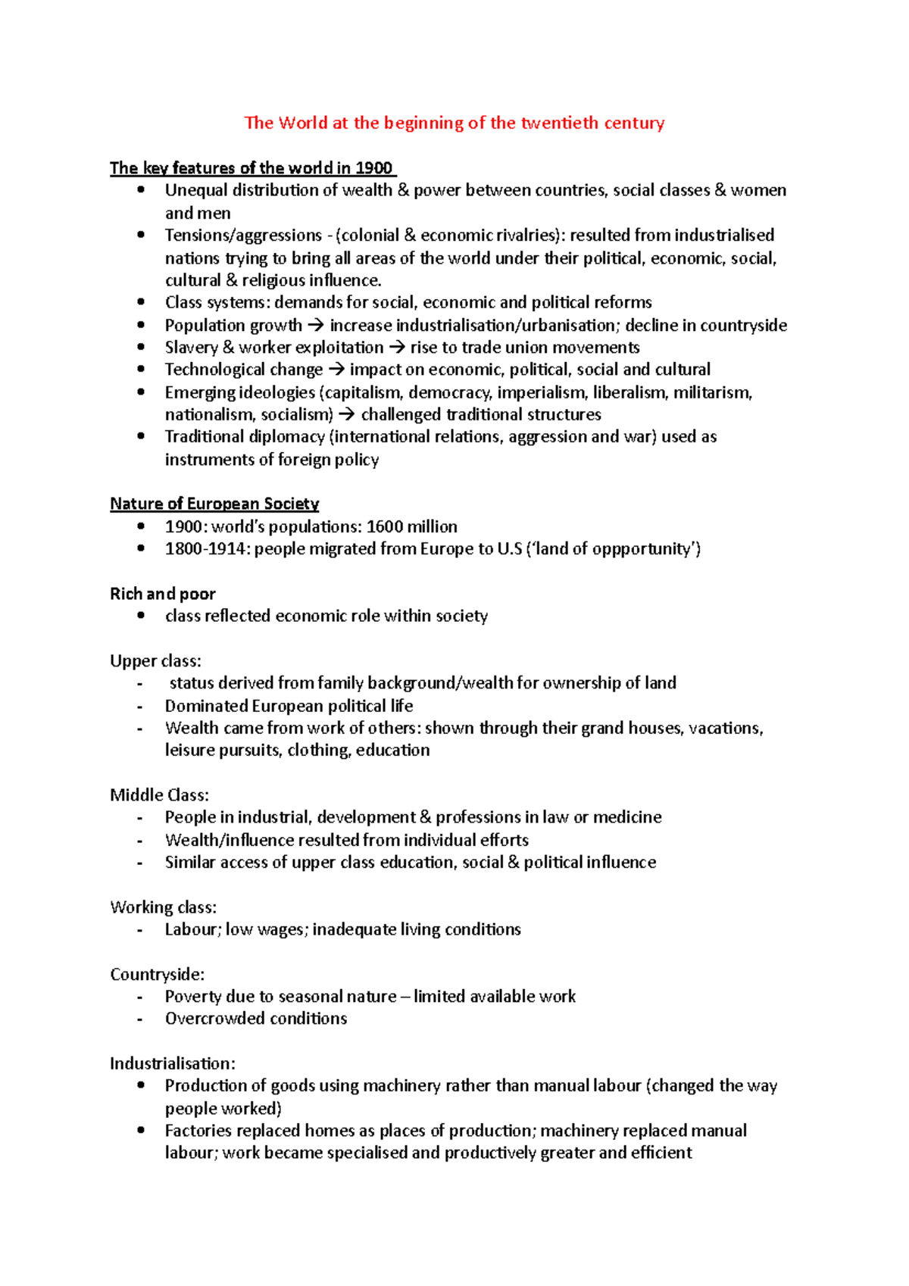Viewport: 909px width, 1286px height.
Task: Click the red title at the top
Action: coord(454,123)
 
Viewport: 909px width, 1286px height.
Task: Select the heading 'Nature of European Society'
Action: coord(214,504)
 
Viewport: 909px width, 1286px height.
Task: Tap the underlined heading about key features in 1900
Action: coord(251,168)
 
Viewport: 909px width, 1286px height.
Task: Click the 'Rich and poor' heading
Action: coord(163,594)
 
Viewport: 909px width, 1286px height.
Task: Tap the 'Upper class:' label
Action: coord(155,660)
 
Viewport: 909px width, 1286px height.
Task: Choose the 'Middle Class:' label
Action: coord(159,794)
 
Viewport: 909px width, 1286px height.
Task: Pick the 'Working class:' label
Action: coord(163,907)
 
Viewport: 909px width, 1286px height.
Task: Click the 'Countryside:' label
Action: coord(157,974)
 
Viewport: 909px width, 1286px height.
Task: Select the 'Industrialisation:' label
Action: coord(173,1063)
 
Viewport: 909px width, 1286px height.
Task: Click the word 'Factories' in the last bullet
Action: coord(198,1131)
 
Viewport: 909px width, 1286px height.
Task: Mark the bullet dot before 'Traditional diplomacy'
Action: coord(141,436)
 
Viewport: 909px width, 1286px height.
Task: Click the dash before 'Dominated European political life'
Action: coord(140,707)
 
